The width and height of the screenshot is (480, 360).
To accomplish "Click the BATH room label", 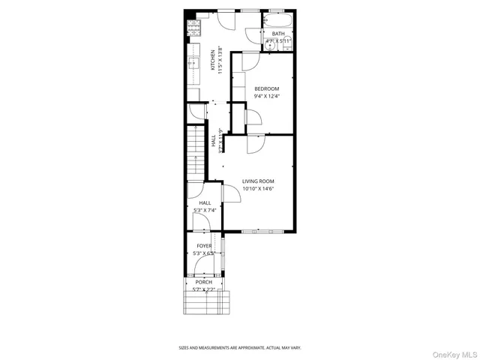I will (278, 34).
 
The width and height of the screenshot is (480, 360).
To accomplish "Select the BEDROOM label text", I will (266, 88).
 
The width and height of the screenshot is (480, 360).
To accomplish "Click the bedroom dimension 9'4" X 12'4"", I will (266, 96).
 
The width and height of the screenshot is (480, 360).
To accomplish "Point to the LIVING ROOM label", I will (257, 181).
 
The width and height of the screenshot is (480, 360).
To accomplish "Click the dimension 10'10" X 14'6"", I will (257, 189).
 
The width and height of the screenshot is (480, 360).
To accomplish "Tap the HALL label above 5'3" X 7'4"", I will (204, 202).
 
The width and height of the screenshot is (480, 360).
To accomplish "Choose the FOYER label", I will (204, 245).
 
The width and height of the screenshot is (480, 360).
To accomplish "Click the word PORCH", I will (204, 282).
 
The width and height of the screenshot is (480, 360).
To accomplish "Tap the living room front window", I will (259, 230).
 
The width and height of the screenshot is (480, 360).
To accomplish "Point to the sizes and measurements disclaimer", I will (240, 347).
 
